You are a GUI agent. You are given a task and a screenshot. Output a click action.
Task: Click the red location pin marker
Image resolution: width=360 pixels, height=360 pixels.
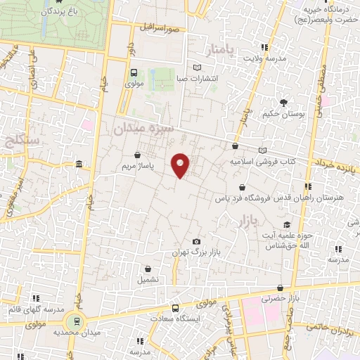(181, 165)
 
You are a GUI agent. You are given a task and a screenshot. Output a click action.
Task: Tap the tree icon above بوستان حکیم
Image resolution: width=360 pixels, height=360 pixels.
(283, 103)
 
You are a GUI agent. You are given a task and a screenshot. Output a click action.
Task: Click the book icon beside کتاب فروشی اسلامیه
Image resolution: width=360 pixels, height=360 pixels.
(263, 150)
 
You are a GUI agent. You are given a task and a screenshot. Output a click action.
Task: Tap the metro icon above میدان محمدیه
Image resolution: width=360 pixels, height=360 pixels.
(79, 321)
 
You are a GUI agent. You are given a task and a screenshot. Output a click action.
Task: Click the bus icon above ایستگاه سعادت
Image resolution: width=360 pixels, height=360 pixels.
(174, 308)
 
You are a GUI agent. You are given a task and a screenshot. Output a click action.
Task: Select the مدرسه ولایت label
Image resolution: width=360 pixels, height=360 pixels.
(264, 59)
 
